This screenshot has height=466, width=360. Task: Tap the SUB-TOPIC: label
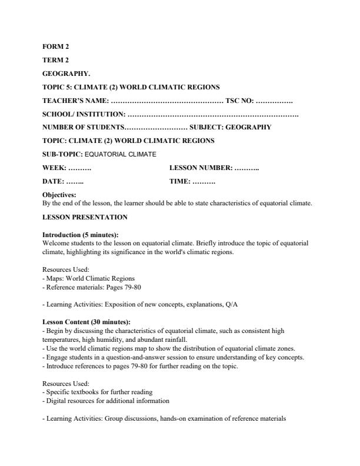click(x=63, y=154)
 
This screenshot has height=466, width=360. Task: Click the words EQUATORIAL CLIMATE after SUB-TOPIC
click(x=121, y=154)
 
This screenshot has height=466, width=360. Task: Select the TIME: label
click(x=180, y=182)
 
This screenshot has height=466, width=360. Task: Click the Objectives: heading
click(x=59, y=195)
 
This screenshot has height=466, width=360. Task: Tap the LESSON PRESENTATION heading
click(x=85, y=217)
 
